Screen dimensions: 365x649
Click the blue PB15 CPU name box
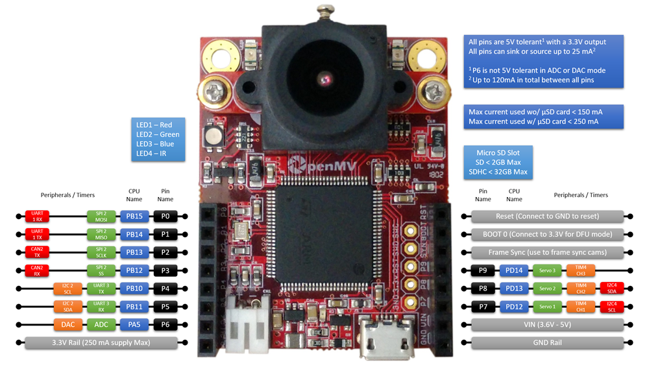tap(134, 216)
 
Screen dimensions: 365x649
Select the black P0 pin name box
tap(165, 216)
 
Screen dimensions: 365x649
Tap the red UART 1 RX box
tap(37, 216)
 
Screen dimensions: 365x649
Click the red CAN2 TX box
tap(37, 252)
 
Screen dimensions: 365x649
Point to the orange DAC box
tap(68, 324)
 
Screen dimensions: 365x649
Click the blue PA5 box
tap(134, 324)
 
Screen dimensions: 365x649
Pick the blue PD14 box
tap(514, 270)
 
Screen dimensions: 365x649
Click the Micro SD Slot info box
tap(498, 162)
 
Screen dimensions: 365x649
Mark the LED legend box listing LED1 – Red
tap(158, 139)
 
